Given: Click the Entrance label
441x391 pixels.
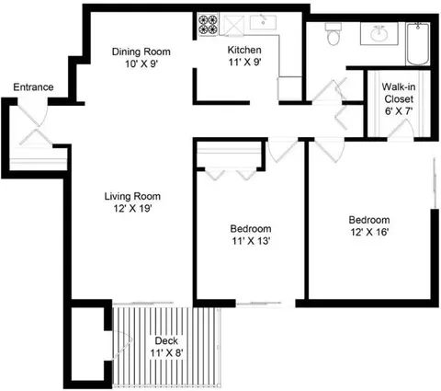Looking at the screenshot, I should coord(32,87).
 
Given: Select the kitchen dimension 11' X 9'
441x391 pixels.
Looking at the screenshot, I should coord(245,64).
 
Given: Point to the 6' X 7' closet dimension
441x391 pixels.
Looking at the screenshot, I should coord(401,111).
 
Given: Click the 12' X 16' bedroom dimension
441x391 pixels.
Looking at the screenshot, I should coord(368,234).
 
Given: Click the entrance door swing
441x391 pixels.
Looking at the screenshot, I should coord(34,129).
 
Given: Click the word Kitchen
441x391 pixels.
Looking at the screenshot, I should coord(245,51).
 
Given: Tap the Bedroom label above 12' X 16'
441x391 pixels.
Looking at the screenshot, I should coord(368,220).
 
